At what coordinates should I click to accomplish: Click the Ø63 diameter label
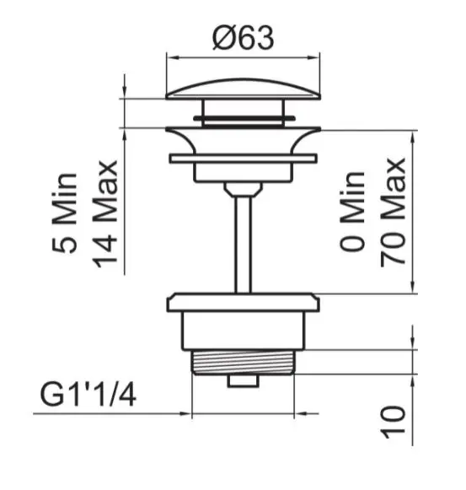[x=243, y=38]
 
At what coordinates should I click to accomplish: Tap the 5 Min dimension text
[x=64, y=213]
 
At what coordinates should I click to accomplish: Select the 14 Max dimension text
[x=105, y=214]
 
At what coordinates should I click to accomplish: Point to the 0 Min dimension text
[x=352, y=211]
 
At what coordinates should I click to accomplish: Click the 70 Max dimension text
[x=394, y=213]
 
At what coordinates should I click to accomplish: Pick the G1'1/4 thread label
[x=88, y=396]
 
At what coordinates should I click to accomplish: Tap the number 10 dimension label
[x=394, y=423]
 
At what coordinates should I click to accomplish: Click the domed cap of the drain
[x=243, y=89]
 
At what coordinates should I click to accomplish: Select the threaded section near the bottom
[x=243, y=362]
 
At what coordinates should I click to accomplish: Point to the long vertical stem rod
[x=243, y=245]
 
